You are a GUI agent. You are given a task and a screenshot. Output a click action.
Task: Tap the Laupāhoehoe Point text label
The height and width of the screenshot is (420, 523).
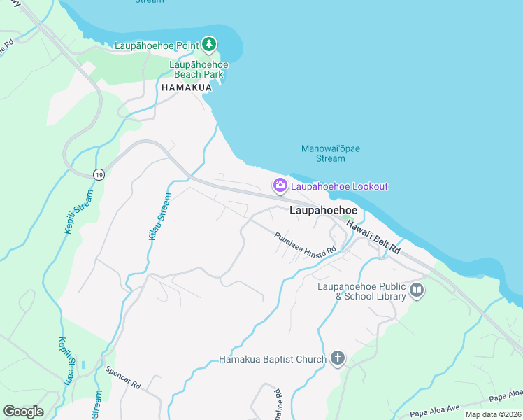pos(157,46)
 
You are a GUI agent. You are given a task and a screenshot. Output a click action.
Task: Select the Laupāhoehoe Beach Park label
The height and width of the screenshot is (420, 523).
pos(199,69)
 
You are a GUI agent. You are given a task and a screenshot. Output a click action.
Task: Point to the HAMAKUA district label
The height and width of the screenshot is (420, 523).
pos(185,88)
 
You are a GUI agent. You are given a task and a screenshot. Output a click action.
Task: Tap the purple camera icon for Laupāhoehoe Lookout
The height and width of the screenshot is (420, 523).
pos(280,185)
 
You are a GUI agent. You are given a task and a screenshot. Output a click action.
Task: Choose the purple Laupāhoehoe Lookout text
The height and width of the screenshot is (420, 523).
pos(339,186)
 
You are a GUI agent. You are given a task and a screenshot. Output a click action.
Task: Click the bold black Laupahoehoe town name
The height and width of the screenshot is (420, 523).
pos(324,210)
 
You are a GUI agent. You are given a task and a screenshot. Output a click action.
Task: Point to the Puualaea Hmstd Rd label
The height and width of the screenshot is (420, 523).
pos(304,248)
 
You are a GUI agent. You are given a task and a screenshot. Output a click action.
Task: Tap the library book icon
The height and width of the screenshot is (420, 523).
pos(417,290)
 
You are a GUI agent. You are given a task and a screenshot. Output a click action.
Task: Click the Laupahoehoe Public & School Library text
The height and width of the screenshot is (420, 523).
pos(361,291)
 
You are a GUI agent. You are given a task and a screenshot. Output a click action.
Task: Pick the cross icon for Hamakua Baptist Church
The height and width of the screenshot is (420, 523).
pos(337,359)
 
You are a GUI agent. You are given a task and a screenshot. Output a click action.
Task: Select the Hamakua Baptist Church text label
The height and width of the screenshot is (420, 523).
pos(273,360)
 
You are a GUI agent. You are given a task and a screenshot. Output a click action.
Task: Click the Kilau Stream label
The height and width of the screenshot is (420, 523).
pos(159,217)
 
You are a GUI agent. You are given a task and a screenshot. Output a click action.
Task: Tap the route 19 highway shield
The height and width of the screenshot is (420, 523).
pos(99,174)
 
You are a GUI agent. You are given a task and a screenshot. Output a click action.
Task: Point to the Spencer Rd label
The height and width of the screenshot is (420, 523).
pos(123,377)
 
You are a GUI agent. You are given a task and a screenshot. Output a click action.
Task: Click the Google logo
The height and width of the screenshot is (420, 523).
pos(23,412)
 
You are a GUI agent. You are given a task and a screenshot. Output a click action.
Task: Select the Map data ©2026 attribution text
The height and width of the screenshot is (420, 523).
pos(492,414)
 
